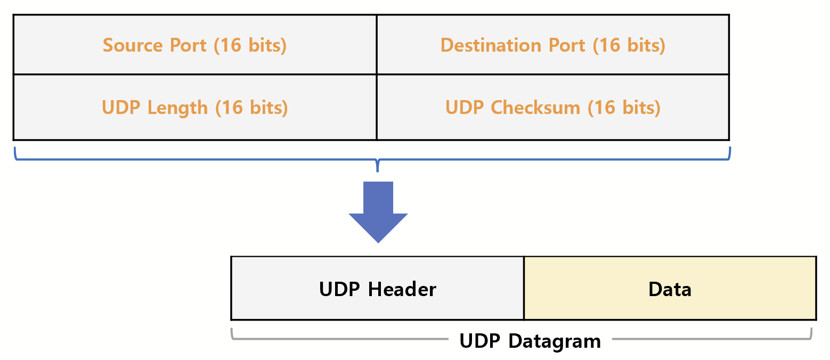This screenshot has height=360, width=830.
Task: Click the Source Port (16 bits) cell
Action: pyautogui.click(x=194, y=45)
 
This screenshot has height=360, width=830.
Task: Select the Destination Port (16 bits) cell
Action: pyautogui.click(x=552, y=45)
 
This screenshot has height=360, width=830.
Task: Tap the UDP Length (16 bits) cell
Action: pyautogui.click(x=194, y=107)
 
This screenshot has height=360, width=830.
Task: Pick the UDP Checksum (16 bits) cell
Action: pyautogui.click(x=552, y=107)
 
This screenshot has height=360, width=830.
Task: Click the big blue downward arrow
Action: pyautogui.click(x=378, y=211)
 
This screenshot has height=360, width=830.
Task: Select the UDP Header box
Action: pyautogui.click(x=377, y=289)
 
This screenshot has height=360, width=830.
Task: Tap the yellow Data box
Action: pyautogui.click(x=670, y=289)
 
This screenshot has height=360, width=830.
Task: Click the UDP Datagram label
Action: pyautogui.click(x=530, y=341)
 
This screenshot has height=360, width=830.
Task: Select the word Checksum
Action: pyautogui.click(x=535, y=108)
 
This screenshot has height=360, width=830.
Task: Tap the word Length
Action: pyautogui.click(x=177, y=108)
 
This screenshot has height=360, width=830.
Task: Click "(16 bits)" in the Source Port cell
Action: pyautogui.click(x=250, y=45)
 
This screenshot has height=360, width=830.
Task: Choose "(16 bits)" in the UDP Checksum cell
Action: pyautogui.click(x=624, y=108)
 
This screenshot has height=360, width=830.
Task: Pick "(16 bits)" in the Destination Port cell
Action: pyautogui.click(x=629, y=45)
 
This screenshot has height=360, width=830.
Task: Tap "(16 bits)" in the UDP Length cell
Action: pyautogui.click(x=251, y=108)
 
